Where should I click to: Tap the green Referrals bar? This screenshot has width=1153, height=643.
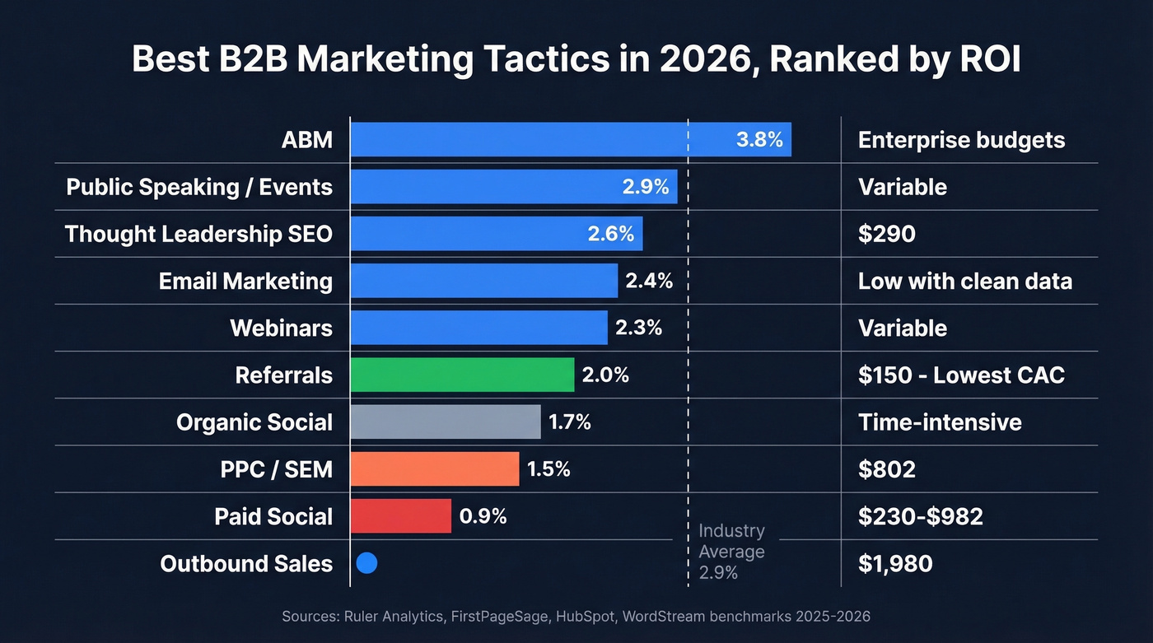462,375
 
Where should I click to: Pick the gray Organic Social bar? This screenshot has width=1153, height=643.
445,422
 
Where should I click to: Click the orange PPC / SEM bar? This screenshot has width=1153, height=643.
434,469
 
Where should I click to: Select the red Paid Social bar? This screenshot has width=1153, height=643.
400,516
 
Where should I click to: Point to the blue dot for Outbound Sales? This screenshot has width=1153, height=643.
367,563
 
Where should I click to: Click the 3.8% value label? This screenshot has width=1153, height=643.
759,139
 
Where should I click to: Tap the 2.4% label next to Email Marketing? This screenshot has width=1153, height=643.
649,281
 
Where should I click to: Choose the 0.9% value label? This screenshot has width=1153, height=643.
483,516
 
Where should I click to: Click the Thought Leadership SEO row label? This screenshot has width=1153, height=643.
198,234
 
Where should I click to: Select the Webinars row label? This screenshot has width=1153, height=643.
281,328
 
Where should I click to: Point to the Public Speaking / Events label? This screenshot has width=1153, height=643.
199,187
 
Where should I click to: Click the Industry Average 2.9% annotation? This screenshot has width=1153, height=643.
731,552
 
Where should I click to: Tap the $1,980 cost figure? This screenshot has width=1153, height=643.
895,563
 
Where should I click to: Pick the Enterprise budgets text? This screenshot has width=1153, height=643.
961,140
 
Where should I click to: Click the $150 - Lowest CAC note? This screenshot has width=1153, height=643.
961,375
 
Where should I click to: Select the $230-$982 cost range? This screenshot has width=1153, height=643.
920,516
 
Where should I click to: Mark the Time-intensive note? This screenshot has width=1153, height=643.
940,422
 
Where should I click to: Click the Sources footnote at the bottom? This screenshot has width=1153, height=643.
576,616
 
